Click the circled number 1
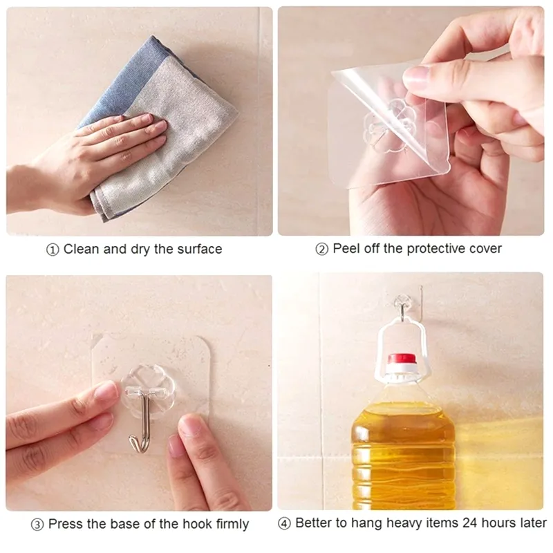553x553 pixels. [x=53, y=250]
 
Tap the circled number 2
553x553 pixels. [x=321, y=250]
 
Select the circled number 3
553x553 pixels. [x=37, y=525]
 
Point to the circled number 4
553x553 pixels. [x=284, y=524]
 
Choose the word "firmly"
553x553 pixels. [x=232, y=525]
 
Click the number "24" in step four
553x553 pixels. [x=470, y=523]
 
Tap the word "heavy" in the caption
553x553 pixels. [x=403, y=523]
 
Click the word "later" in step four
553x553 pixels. [x=531, y=523]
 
